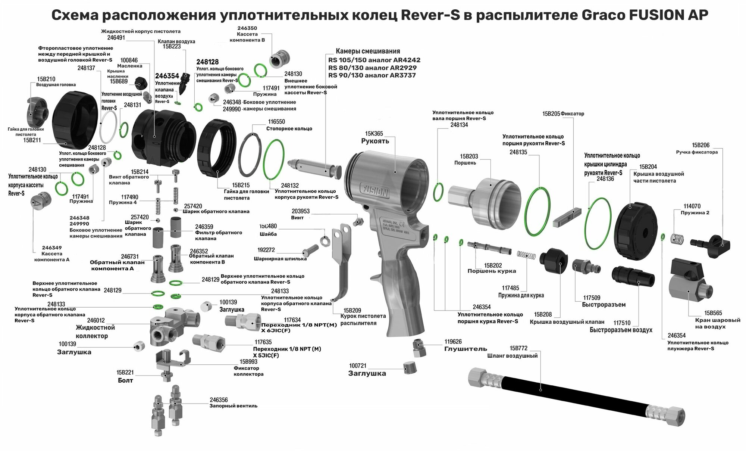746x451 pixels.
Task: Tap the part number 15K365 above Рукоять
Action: pos(374,134)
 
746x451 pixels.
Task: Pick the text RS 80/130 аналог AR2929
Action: pos(372,68)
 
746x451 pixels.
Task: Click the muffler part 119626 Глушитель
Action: pos(419,348)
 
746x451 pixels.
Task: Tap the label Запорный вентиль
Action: pos(233,406)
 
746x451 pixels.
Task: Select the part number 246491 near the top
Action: pos(116,38)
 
